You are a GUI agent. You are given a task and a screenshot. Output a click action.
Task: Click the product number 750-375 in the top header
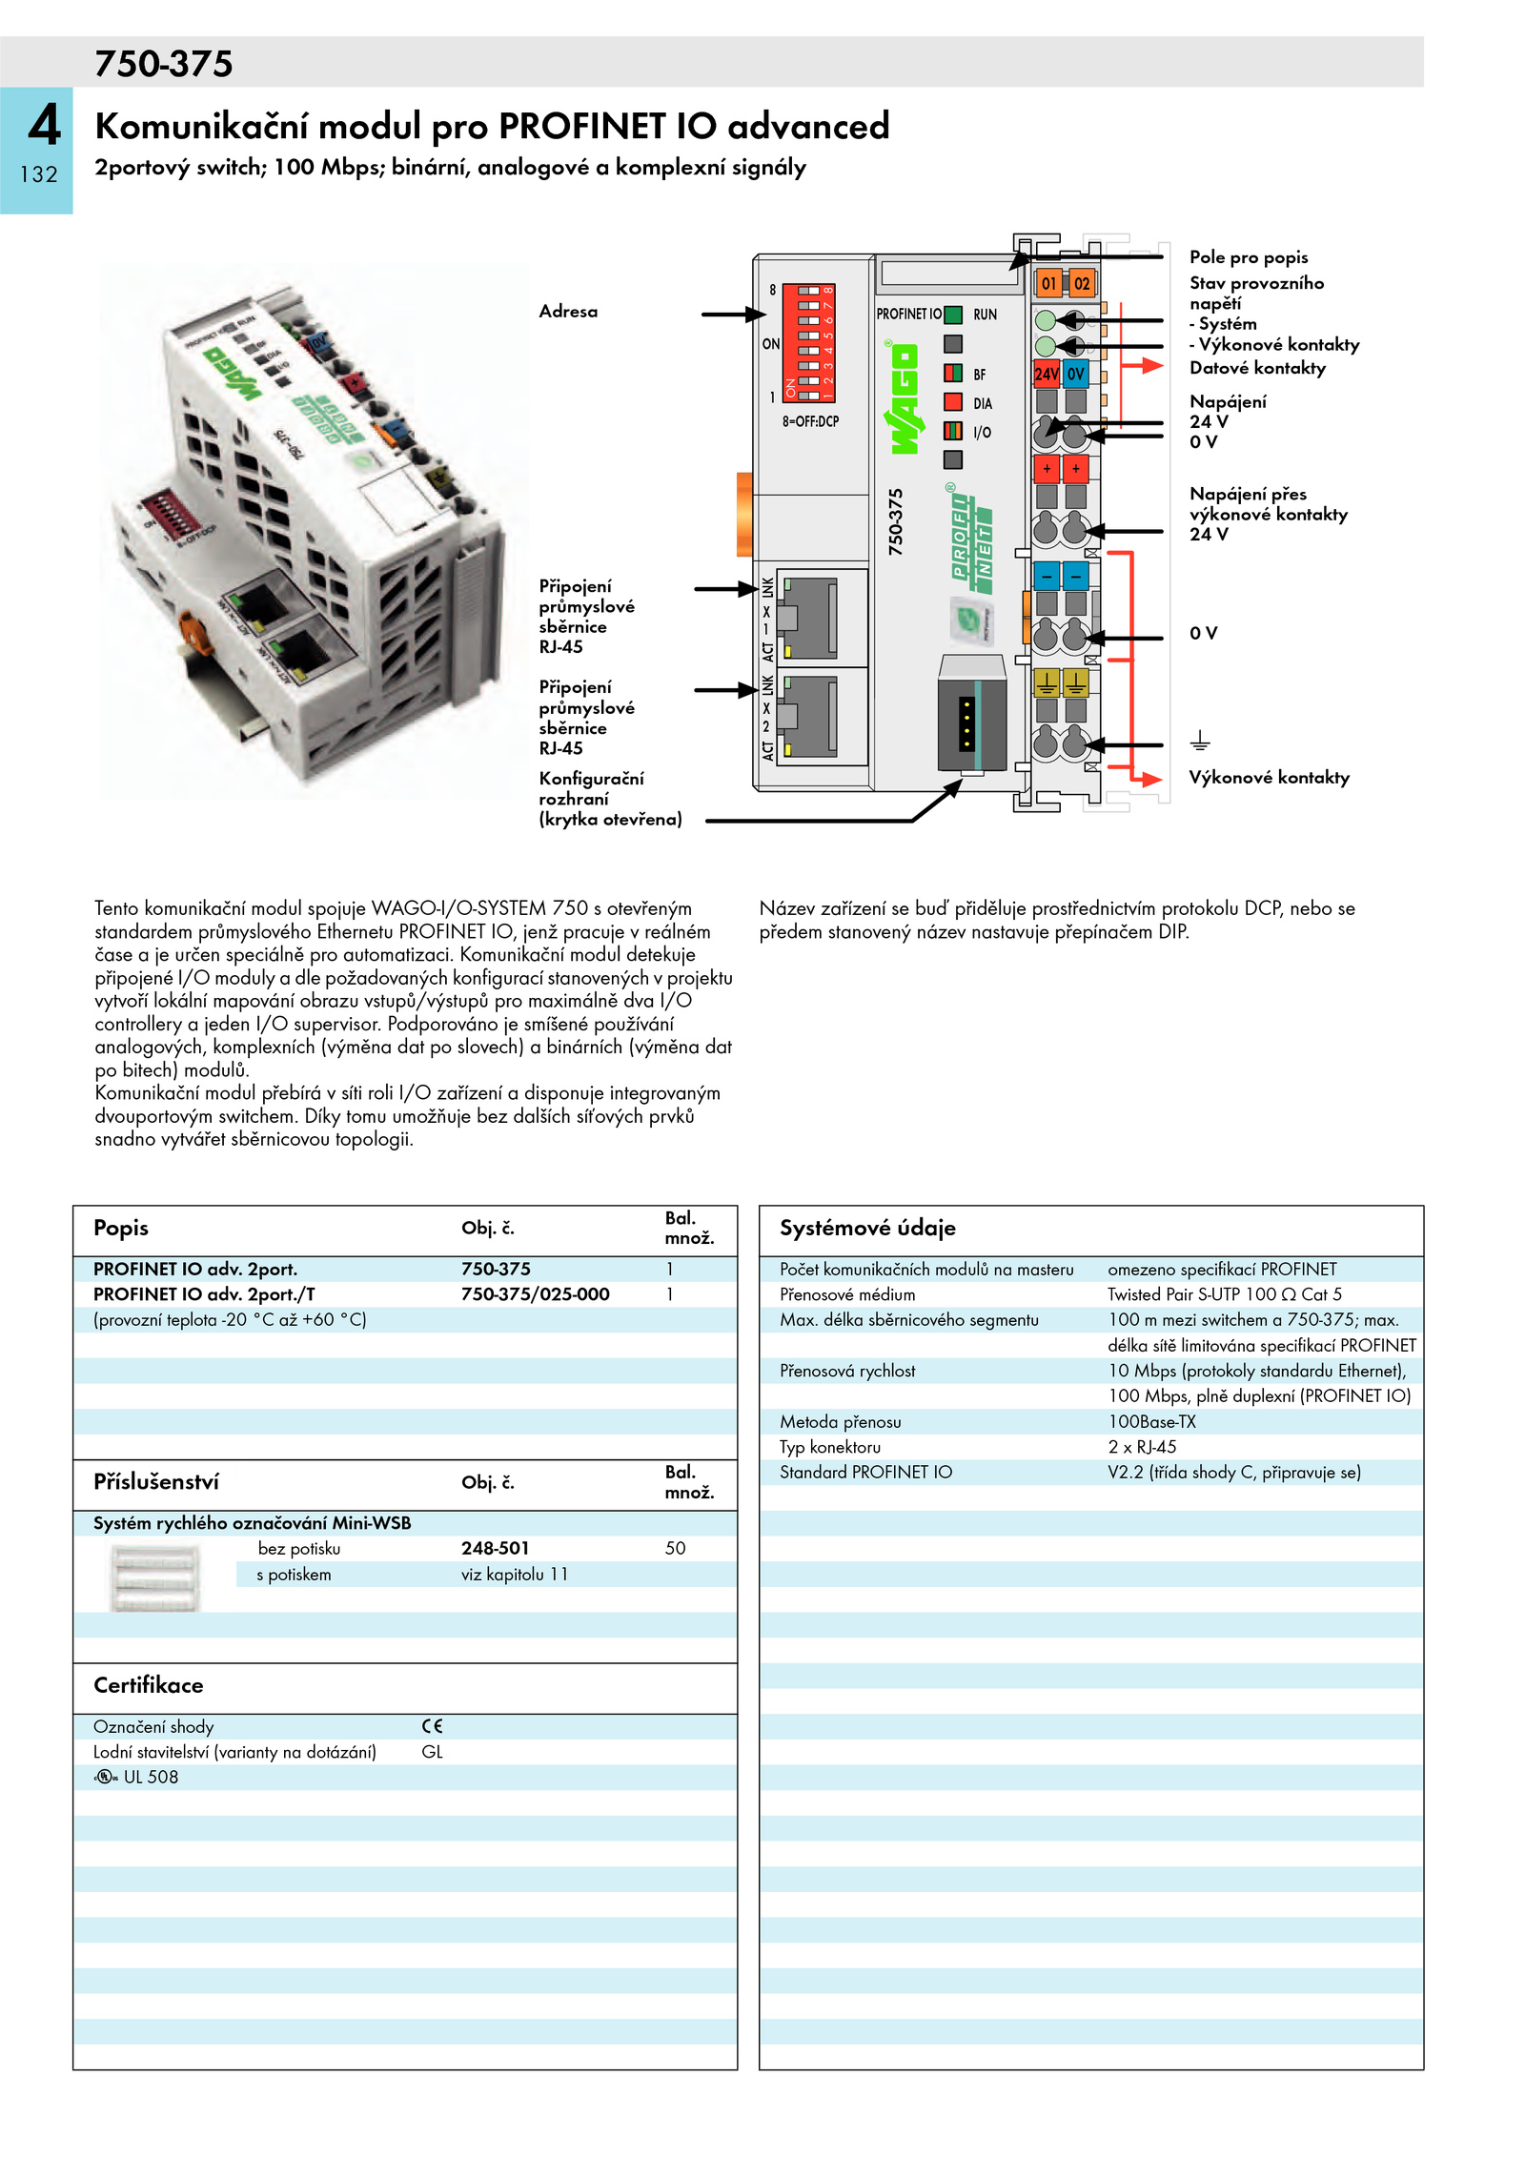pyautogui.click(x=163, y=64)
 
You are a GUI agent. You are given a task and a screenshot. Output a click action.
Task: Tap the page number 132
pyautogui.click(x=38, y=174)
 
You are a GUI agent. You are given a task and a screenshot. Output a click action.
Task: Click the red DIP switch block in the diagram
pyautogui.click(x=808, y=342)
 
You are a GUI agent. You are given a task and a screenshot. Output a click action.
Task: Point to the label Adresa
pyautogui.click(x=568, y=312)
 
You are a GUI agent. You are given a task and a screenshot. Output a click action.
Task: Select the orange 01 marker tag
pyautogui.click(x=1048, y=283)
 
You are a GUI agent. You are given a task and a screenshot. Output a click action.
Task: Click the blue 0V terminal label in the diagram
pyautogui.click(x=1076, y=374)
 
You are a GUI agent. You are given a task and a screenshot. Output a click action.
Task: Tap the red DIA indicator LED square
pyautogui.click(x=952, y=402)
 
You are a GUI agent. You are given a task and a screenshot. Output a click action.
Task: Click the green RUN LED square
pyautogui.click(x=952, y=315)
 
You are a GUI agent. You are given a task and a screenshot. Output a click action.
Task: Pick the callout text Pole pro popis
pyautogui.click(x=1248, y=257)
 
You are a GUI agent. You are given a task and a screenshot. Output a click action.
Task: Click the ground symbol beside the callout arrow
pyautogui.click(x=1199, y=741)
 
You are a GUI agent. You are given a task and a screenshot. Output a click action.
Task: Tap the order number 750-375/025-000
pyautogui.click(x=535, y=1294)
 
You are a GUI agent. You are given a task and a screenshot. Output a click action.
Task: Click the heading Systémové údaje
pyautogui.click(x=867, y=1228)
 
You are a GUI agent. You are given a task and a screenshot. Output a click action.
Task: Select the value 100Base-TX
pyautogui.click(x=1151, y=1422)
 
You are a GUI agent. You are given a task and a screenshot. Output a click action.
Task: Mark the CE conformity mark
pyautogui.click(x=433, y=1726)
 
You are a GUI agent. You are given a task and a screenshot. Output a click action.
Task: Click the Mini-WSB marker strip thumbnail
pyautogui.click(x=154, y=1578)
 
